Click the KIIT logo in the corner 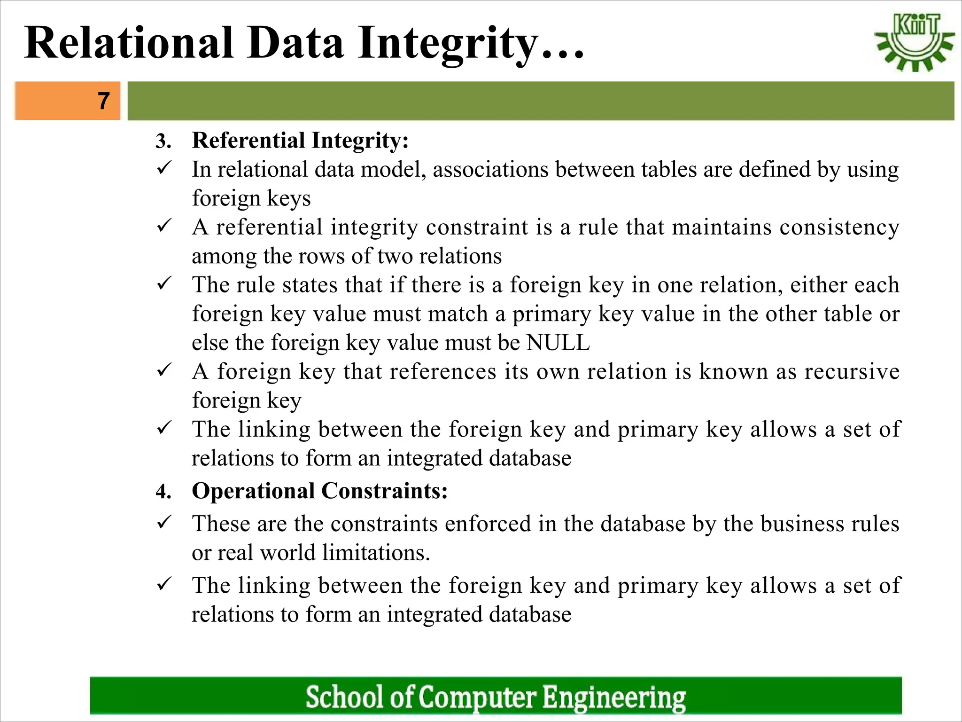[914, 42]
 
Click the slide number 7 [104, 101]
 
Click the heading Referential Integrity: [300, 141]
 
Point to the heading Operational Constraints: [319, 491]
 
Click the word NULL [558, 343]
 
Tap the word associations [490, 169]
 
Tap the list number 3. [163, 141]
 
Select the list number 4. [163, 492]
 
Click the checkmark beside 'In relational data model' [164, 168]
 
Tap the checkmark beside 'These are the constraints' [164, 522]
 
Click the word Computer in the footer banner [477, 697]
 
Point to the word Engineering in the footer [614, 698]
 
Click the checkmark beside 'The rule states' [164, 283]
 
